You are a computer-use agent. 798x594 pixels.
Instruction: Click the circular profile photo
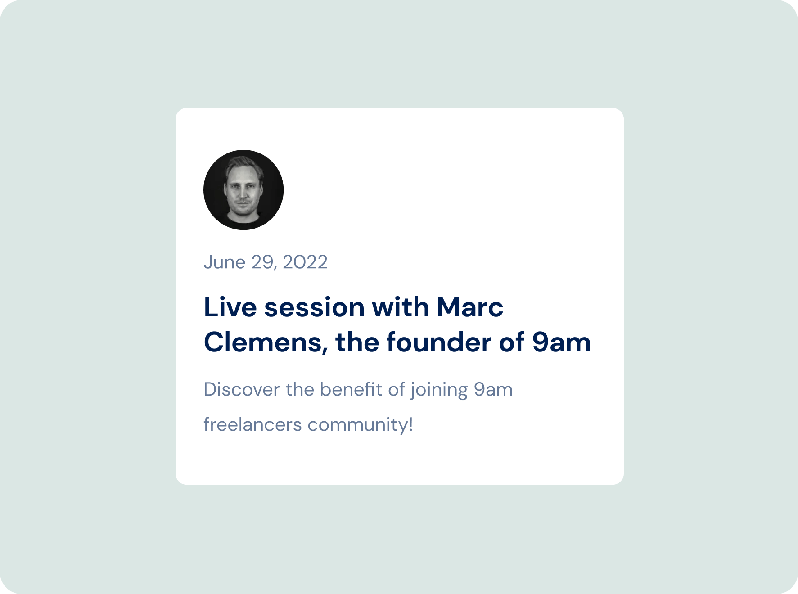coord(243,190)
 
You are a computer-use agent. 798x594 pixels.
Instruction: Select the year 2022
coord(305,262)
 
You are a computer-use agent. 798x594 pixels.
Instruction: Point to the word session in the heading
coord(314,308)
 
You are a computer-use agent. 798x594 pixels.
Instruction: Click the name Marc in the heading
coord(470,307)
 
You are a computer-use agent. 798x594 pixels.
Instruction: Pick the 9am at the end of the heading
coord(561,342)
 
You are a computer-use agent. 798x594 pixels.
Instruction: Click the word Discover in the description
coord(242,389)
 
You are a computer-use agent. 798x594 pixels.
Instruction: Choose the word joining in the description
coord(439,390)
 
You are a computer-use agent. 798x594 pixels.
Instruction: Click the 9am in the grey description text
coord(493,390)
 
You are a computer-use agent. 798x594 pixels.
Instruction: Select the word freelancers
coord(252,424)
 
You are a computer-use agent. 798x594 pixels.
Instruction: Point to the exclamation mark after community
coord(411,424)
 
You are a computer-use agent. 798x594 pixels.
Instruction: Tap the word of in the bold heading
coord(512,342)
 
